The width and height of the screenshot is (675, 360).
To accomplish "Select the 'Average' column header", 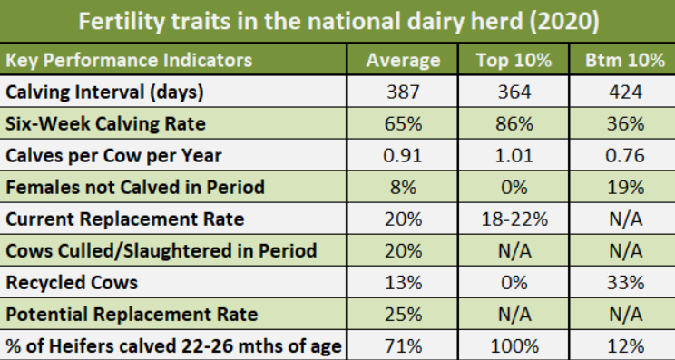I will point(403,61).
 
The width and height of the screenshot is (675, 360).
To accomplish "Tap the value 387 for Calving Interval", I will point(403,92).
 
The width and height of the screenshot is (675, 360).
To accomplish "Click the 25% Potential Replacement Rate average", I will point(403,314).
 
